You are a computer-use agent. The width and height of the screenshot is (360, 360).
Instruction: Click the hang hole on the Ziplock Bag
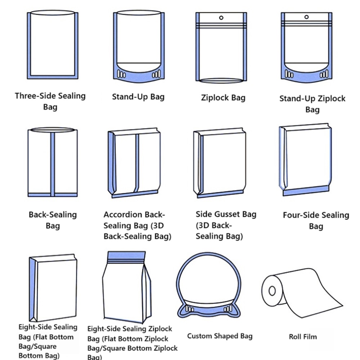tap(221, 17)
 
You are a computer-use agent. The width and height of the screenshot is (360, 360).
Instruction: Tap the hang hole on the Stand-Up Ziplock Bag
tap(306, 17)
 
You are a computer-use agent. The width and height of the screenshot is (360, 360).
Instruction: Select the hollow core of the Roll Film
tap(272, 290)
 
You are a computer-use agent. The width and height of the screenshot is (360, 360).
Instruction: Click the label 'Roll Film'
tap(303, 337)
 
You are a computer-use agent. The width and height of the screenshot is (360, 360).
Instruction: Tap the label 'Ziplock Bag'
tap(223, 98)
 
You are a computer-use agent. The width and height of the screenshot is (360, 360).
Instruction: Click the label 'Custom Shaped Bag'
tap(220, 336)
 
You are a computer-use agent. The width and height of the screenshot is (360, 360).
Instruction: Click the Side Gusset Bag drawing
tap(220, 162)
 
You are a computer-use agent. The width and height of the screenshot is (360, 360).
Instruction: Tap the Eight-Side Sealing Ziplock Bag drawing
tap(128, 288)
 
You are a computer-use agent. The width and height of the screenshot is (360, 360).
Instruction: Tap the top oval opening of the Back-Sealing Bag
tap(53, 130)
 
